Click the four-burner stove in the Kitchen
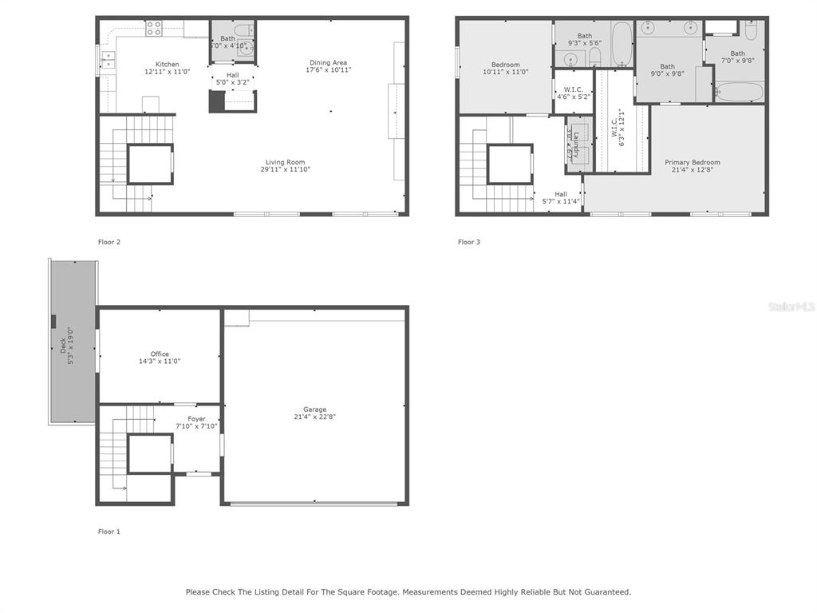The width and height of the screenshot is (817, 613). pyautogui.click(x=154, y=29)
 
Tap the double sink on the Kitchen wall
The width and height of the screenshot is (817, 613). pyautogui.click(x=108, y=61)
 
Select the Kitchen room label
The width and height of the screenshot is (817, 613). pyautogui.click(x=168, y=65)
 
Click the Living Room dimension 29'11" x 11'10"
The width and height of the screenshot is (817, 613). pyautogui.click(x=285, y=169)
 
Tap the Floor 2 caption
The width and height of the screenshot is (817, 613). pyautogui.click(x=109, y=242)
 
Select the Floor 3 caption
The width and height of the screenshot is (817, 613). pyautogui.click(x=469, y=242)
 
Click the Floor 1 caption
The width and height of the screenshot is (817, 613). pyautogui.click(x=109, y=532)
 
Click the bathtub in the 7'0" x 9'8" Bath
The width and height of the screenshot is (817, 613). pyautogui.click(x=738, y=92)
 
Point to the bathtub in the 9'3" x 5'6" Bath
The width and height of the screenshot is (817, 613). pyautogui.click(x=622, y=45)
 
